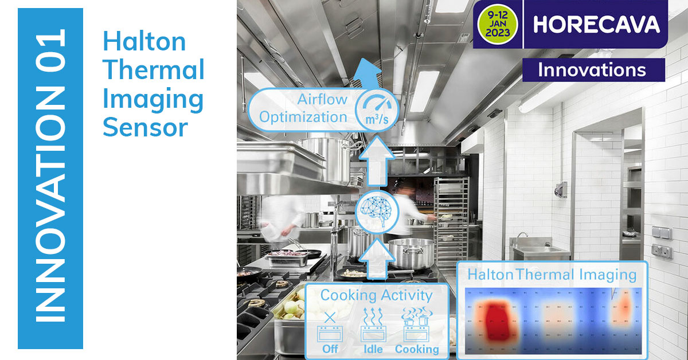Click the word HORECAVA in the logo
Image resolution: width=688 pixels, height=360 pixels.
[596, 24]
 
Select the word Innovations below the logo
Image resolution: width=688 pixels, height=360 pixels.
[592, 70]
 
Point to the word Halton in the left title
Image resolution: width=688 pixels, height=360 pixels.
[144, 42]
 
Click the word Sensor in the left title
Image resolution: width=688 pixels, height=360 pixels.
[145, 127]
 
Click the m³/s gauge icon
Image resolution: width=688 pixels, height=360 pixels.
[372, 109]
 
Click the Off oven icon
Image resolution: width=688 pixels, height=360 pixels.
[330, 329]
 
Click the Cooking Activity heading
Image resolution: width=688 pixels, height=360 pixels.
[376, 296]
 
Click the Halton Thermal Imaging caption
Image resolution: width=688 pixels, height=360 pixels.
[552, 275]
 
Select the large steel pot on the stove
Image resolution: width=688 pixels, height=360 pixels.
[411, 253]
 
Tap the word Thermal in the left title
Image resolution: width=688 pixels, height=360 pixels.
[153, 71]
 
